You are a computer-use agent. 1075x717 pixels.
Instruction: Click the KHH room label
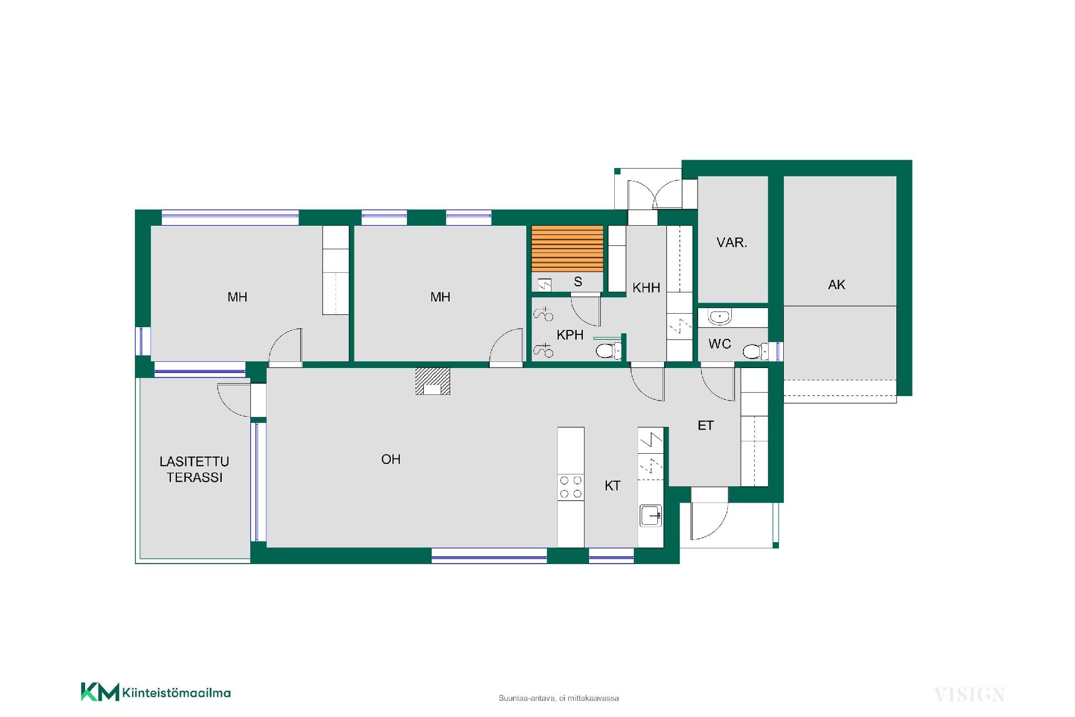click(x=646, y=288)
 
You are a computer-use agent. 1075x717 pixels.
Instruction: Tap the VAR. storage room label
click(x=732, y=243)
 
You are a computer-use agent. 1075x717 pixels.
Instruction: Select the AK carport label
click(x=836, y=285)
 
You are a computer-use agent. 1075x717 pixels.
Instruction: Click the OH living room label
click(x=391, y=459)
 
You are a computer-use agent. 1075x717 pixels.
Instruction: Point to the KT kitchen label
click(x=613, y=486)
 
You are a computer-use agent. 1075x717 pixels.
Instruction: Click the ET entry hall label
click(x=705, y=426)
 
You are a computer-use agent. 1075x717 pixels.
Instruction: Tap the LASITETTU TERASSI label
click(x=194, y=469)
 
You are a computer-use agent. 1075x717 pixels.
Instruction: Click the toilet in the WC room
click(x=755, y=351)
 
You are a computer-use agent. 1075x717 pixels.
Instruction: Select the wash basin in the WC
click(x=719, y=317)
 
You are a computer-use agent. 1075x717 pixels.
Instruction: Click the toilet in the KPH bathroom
click(x=609, y=351)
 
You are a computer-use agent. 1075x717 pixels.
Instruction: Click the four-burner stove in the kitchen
click(x=571, y=487)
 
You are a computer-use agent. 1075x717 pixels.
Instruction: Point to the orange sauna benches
click(x=567, y=249)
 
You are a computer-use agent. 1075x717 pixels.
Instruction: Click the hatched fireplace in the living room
click(x=432, y=381)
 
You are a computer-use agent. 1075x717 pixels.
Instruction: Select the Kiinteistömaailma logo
click(x=156, y=692)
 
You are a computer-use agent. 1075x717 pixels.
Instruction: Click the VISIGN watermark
click(x=969, y=695)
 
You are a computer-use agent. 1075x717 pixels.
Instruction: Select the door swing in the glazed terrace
click(x=233, y=400)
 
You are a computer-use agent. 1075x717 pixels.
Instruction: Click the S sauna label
click(x=578, y=282)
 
